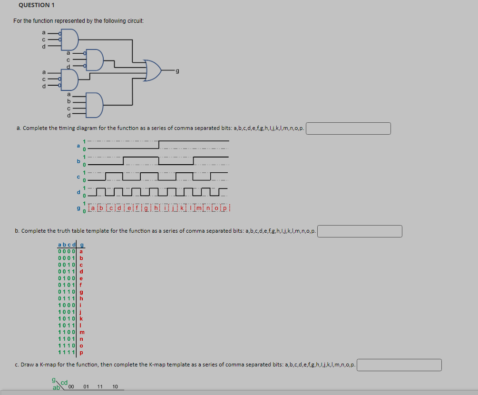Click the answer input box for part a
(x=348, y=128)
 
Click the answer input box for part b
(x=360, y=231)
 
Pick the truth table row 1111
(x=67, y=353)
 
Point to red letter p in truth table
(x=81, y=353)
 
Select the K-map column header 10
(x=115, y=387)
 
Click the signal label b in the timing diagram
(x=78, y=161)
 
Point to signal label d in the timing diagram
(x=78, y=192)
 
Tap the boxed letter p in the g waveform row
(x=226, y=207)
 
